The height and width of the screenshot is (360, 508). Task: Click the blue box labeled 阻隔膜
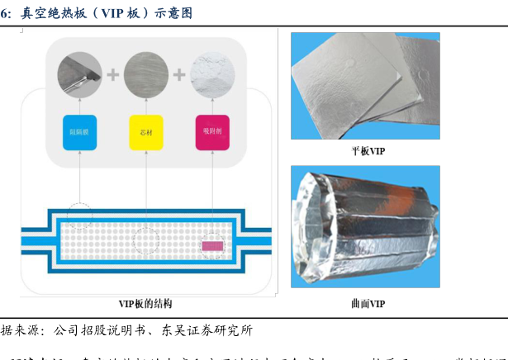80,132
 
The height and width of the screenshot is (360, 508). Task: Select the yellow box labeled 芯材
146,132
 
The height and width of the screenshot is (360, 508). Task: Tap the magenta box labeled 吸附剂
211,132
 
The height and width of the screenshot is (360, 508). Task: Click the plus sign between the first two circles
113,75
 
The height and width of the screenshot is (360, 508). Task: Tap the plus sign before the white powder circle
179,75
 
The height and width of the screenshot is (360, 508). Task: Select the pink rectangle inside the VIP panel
212,245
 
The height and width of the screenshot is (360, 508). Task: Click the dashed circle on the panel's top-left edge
80,216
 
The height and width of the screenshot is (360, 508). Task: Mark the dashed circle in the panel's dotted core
146,239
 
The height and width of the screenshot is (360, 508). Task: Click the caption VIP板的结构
145,304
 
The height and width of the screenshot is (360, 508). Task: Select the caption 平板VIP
368,151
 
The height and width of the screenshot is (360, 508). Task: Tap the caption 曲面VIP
368,303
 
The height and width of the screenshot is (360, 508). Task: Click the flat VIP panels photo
365,86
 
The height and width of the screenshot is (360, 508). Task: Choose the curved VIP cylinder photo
365,227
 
